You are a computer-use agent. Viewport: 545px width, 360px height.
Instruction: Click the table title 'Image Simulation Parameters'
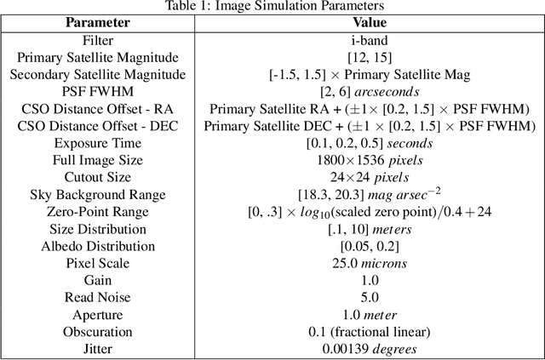click(272, 7)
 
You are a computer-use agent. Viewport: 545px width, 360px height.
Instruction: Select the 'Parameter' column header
click(98, 23)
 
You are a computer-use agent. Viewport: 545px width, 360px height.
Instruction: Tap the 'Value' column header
click(369, 23)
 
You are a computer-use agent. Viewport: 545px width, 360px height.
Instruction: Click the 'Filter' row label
click(98, 40)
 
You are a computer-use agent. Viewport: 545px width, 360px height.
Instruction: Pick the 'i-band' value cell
click(369, 40)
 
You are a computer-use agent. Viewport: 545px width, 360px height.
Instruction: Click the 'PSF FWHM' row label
click(98, 92)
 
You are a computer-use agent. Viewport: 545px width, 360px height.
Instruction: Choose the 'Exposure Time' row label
click(98, 143)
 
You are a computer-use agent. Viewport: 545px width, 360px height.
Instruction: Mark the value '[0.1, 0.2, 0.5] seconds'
click(369, 143)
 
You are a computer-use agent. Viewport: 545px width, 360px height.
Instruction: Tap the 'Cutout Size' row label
click(98, 177)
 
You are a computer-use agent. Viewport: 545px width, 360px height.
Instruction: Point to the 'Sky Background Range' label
click(98, 195)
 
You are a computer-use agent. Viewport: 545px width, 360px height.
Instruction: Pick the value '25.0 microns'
click(369, 263)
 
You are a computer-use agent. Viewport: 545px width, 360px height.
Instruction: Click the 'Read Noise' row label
click(98, 297)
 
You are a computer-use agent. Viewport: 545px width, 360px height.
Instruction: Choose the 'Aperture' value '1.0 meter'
click(369, 315)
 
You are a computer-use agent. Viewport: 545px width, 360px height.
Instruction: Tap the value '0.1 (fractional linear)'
click(369, 332)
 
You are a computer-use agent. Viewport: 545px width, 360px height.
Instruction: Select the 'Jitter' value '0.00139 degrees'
click(369, 349)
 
